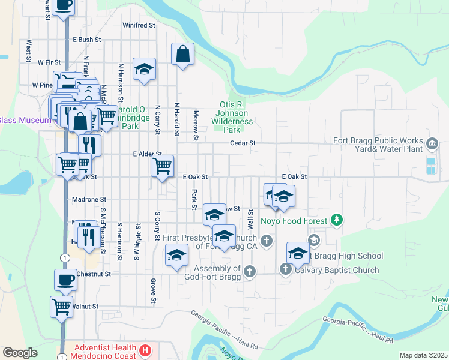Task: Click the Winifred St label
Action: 139,25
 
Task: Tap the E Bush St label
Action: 86,40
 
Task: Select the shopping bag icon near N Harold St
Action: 182,54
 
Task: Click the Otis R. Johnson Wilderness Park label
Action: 232,117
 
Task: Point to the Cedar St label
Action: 244,143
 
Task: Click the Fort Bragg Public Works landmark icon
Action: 432,143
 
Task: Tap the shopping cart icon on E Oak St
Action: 162,166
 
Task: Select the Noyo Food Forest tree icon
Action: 337,220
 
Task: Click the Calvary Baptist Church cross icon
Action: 286,270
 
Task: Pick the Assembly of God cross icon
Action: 250,271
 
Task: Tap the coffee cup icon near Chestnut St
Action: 65,280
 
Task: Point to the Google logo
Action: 20,353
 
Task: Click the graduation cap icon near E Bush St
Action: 144,69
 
